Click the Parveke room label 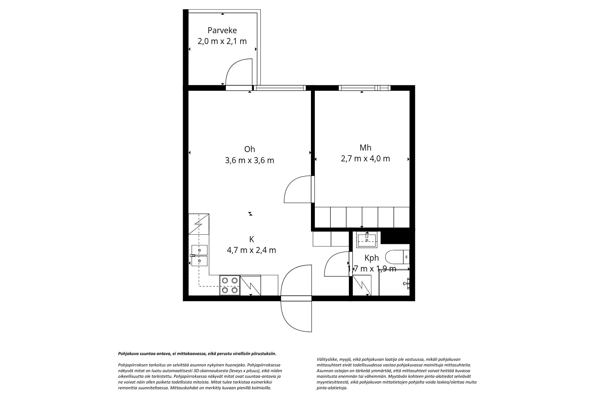point(222,30)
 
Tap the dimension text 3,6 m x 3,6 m point(249,160)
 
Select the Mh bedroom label point(365,148)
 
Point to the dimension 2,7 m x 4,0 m point(365,159)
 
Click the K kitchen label point(251,239)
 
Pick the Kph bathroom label point(372,258)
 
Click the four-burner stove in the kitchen point(230,285)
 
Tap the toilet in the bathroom point(396,257)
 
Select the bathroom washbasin point(367,240)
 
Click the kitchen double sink point(199,255)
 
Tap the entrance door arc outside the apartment point(296,317)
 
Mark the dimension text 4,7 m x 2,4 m point(251,250)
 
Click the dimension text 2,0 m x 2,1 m point(222,41)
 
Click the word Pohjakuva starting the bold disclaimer point(128,354)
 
